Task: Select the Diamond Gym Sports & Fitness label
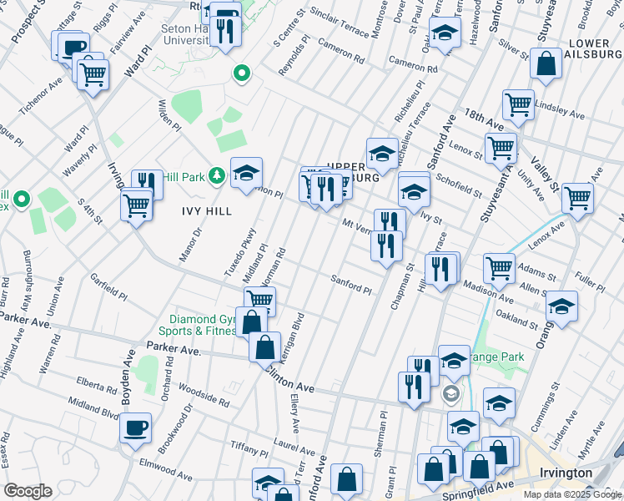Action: point(204,325)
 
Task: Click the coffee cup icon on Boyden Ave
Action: point(135,428)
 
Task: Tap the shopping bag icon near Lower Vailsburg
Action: point(546,65)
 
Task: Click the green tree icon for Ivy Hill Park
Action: point(217,175)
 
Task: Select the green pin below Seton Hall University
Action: point(242,74)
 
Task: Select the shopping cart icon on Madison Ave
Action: point(500,268)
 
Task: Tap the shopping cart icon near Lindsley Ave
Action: point(518,104)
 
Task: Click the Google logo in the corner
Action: point(28,490)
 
